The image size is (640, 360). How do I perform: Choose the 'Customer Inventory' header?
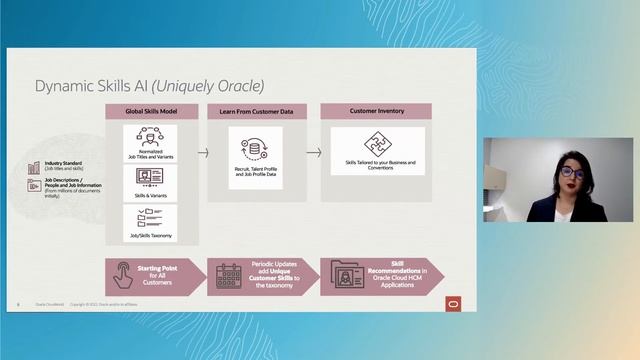[378, 112]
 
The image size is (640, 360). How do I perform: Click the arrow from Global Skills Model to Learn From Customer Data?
[203, 153]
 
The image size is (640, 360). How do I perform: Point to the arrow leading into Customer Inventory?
[313, 153]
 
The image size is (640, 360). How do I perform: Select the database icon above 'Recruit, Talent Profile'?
[254, 147]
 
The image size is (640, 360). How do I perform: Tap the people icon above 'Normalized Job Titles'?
[150, 135]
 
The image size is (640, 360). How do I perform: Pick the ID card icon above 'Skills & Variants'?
[150, 176]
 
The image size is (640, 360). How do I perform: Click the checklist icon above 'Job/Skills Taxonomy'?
[150, 215]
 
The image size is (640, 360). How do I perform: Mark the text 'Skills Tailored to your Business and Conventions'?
[379, 164]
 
